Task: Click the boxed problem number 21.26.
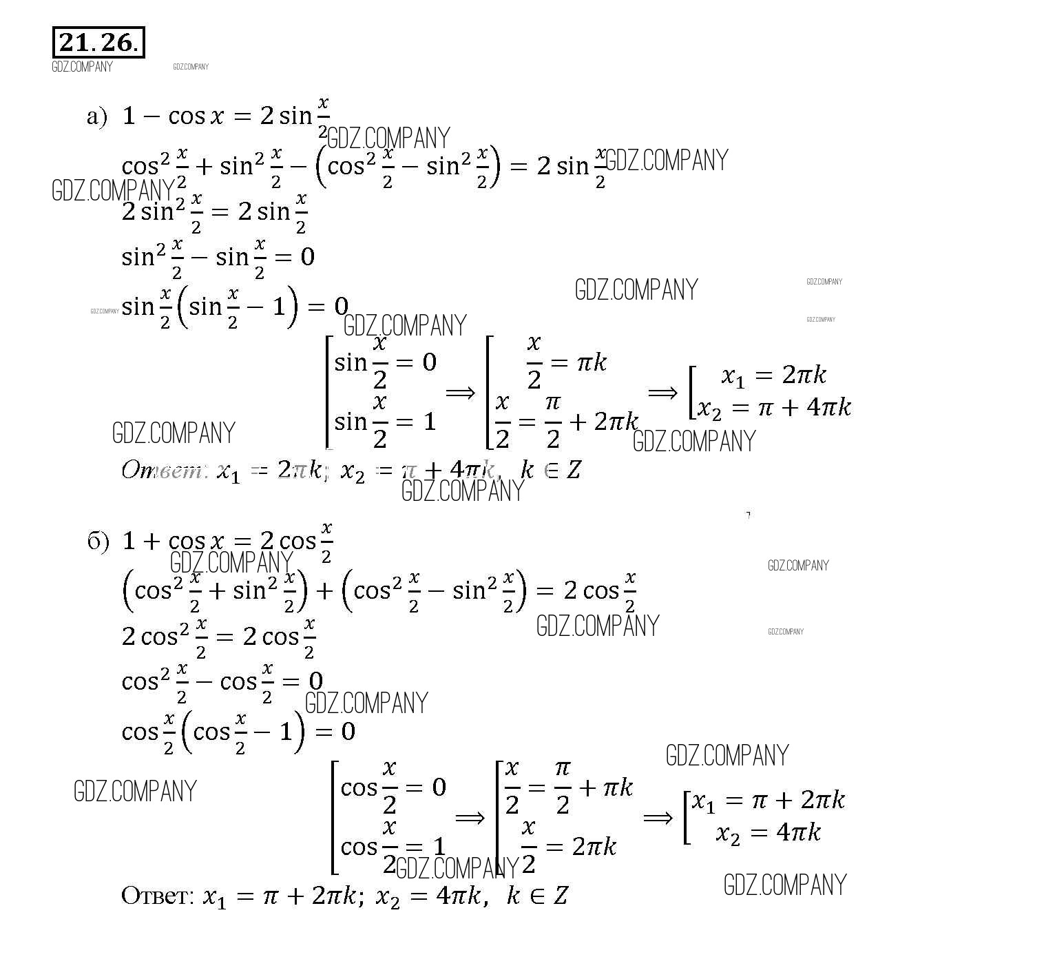[x=98, y=43]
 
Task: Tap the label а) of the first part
[x=97, y=116]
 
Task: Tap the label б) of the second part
[x=98, y=542]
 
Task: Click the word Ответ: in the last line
[x=157, y=895]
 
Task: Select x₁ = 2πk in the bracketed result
[x=773, y=375]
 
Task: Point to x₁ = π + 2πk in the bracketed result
[x=768, y=801]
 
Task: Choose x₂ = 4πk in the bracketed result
[x=768, y=833]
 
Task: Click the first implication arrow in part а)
[x=460, y=392]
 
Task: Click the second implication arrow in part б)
[x=658, y=818]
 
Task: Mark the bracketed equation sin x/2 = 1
[x=385, y=420]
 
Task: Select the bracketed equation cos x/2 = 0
[x=393, y=787]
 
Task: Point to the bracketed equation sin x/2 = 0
[x=385, y=361]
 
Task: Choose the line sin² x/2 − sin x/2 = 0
[x=218, y=257]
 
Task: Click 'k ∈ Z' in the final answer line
[x=537, y=896]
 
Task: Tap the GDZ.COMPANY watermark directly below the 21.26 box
[x=82, y=67]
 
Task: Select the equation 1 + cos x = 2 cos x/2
[x=227, y=542]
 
